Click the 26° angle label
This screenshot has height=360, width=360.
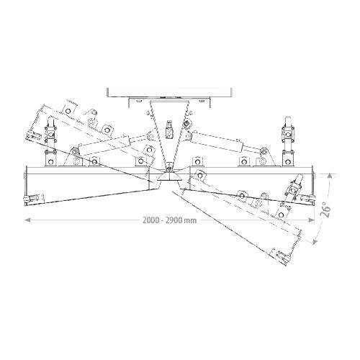(x=327, y=210)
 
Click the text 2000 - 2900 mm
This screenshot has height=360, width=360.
(x=169, y=220)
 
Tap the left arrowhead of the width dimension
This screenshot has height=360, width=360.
(x=27, y=220)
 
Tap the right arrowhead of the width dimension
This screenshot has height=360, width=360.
(x=311, y=220)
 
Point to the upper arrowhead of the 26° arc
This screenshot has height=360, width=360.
(x=330, y=175)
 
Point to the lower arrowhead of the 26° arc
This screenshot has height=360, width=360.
(x=314, y=242)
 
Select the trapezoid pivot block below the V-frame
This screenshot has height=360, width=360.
(x=169, y=177)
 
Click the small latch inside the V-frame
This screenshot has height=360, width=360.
(x=170, y=130)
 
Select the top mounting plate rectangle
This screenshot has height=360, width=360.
(x=169, y=92)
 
